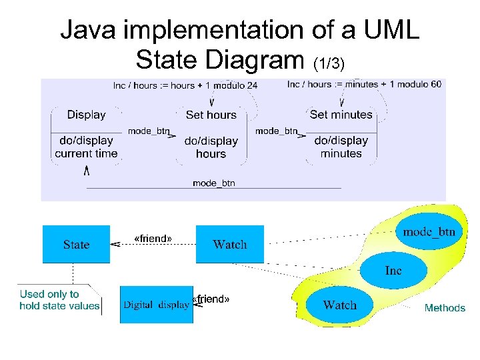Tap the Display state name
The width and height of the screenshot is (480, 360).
pos(86,115)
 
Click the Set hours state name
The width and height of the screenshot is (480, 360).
pos(211,115)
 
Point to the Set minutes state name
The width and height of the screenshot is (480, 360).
pos(341,115)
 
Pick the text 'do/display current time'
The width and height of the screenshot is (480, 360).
pos(86,147)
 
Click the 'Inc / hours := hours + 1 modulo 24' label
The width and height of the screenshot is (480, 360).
pos(185,85)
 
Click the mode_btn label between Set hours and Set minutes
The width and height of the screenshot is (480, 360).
pos(276,131)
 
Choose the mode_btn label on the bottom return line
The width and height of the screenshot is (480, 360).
pos(213,183)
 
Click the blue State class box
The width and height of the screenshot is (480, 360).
pos(76,244)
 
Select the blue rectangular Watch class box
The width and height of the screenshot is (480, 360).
pos(229,244)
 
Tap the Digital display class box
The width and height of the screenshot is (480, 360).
pos(156,305)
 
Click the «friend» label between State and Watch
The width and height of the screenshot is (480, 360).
pos(153,239)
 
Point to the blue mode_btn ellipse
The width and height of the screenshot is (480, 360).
pos(429,232)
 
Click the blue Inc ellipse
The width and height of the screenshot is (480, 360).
pos(393,270)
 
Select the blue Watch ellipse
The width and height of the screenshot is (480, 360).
pos(339,305)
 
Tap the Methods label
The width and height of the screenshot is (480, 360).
pos(445,308)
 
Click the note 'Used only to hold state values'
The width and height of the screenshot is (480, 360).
pos(59,300)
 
